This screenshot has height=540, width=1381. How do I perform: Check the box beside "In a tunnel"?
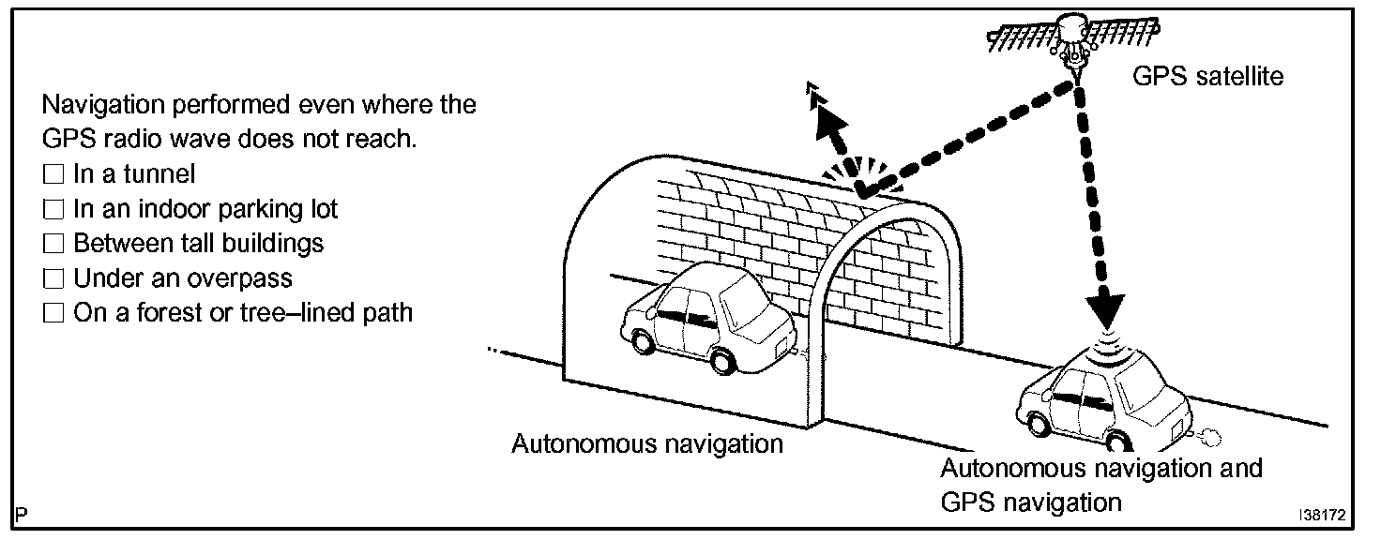coord(54,173)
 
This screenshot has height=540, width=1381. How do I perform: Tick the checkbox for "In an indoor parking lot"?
coord(54,208)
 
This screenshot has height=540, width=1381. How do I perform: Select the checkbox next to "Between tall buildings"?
coord(54,243)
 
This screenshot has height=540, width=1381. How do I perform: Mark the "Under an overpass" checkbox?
coord(54,277)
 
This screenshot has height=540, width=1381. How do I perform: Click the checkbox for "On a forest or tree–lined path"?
coord(54,312)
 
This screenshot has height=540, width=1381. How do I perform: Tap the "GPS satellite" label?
coord(1207,76)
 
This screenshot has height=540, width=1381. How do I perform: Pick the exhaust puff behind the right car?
coord(1210,435)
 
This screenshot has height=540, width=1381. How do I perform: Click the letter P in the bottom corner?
coord(22,515)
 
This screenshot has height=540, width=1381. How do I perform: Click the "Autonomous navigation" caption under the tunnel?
coord(646,442)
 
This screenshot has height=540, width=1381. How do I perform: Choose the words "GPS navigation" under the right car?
coord(1030,502)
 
